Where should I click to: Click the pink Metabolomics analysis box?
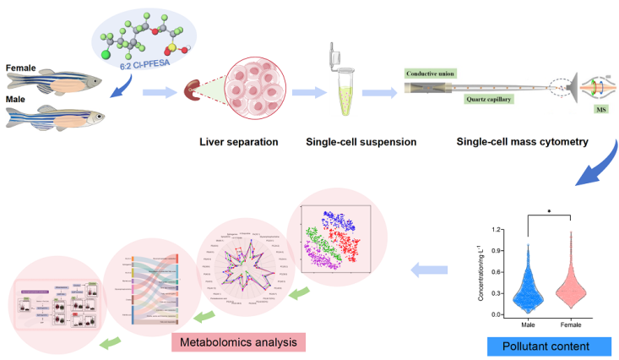click(237, 341)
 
